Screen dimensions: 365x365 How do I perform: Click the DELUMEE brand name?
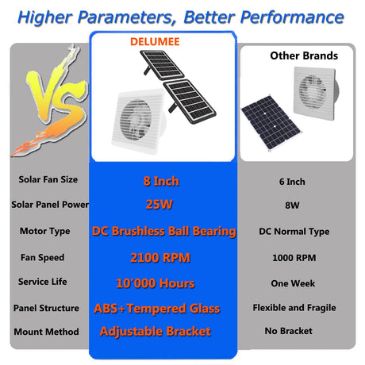click(155, 42)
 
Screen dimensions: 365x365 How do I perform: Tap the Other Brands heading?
click(304, 56)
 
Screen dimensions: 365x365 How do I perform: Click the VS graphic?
click(50, 101)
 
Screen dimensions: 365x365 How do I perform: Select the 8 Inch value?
click(161, 182)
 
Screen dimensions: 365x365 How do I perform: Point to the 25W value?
click(159, 205)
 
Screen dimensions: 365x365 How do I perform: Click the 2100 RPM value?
click(160, 258)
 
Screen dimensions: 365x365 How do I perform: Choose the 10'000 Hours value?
click(156, 283)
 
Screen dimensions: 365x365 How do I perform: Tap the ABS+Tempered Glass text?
click(157, 309)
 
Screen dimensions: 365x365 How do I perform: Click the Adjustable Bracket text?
click(156, 332)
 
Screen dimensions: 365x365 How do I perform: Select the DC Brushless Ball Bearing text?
click(164, 232)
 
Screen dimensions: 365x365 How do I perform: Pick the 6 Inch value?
click(292, 182)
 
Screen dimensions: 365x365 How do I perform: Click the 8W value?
click(292, 206)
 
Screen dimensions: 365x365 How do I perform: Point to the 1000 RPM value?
click(294, 258)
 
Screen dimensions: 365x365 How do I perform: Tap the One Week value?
click(293, 283)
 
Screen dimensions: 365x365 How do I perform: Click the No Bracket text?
click(288, 331)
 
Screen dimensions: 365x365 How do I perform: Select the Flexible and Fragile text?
click(294, 308)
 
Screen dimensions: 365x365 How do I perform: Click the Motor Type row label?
click(45, 232)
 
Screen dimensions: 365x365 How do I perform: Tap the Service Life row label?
click(43, 282)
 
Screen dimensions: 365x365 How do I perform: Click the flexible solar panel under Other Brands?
click(271, 123)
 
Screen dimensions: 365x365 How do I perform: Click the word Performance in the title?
click(292, 17)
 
